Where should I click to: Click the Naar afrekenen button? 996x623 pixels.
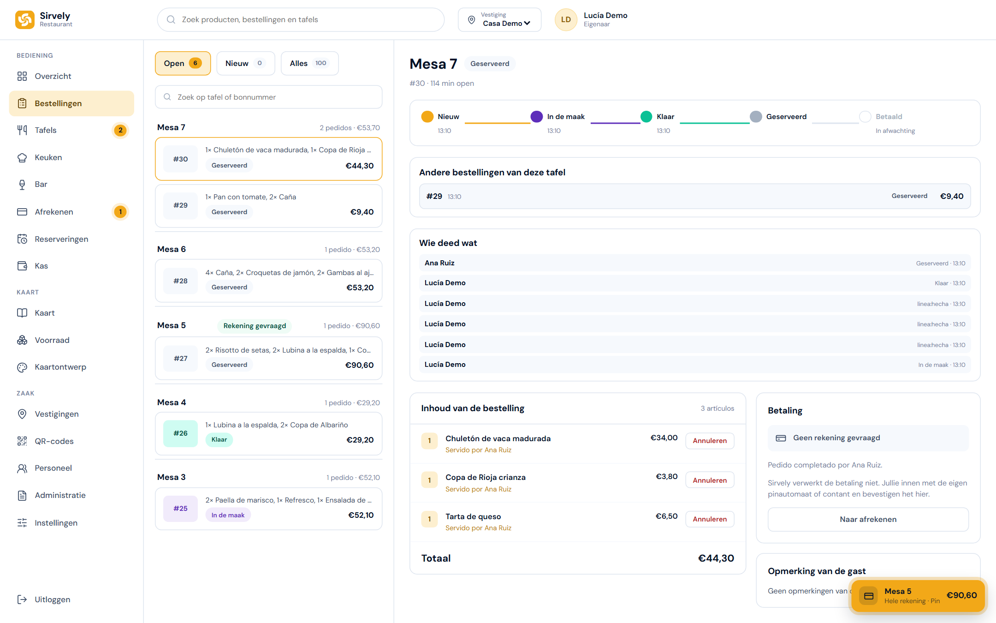(868, 519)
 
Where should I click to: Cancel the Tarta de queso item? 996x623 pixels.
(710, 519)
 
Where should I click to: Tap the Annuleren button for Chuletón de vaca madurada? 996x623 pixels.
(710, 441)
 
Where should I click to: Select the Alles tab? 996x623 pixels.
(309, 63)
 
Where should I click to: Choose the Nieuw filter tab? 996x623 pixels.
(245, 63)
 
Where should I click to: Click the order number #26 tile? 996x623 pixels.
(180, 433)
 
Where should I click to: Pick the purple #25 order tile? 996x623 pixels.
(180, 509)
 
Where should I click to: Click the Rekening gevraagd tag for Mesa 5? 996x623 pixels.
(255, 326)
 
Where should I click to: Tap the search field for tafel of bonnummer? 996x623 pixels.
(268, 97)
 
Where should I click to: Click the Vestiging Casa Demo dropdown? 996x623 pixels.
(499, 19)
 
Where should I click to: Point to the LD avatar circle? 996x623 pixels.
(566, 19)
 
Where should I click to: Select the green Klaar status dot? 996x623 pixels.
(646, 117)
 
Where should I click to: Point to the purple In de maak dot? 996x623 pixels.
(536, 117)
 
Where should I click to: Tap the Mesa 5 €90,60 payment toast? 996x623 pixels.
(918, 595)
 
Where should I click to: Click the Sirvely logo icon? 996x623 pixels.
(25, 19)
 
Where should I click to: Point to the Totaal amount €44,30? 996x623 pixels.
(716, 558)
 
